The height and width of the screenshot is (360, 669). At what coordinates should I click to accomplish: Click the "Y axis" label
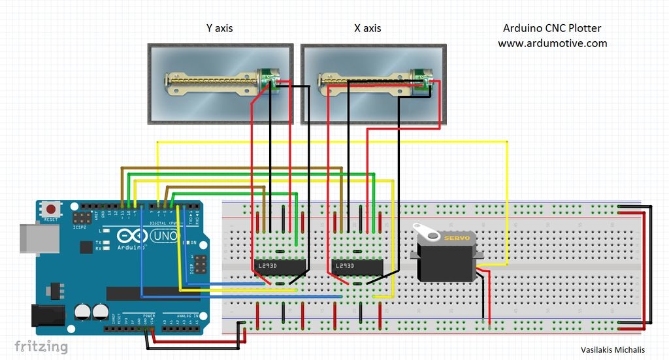(219, 28)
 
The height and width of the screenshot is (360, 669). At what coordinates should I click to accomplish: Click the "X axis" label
(367, 28)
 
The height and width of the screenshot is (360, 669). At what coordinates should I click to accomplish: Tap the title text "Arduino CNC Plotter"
(552, 28)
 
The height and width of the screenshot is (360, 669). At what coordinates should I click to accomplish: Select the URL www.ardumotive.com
(552, 43)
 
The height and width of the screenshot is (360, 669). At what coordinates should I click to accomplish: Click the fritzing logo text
(41, 346)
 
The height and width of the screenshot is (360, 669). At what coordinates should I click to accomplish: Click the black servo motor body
(446, 261)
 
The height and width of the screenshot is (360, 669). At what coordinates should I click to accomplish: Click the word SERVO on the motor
(457, 238)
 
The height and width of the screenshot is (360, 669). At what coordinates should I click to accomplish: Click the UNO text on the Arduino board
(166, 237)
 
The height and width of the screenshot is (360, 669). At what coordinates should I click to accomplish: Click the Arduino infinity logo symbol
(129, 237)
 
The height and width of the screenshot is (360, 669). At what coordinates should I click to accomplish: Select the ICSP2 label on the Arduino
(80, 227)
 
